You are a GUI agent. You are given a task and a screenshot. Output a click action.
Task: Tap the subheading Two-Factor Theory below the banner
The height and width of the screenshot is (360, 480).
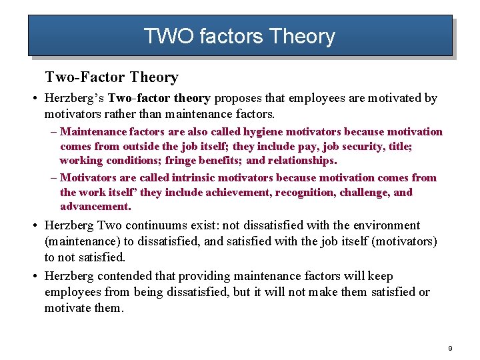coord(111,77)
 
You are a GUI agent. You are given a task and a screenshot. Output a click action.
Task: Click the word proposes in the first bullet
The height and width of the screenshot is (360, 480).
coord(237,99)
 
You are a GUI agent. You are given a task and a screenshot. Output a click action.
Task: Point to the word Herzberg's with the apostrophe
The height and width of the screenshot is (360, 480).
coord(74,99)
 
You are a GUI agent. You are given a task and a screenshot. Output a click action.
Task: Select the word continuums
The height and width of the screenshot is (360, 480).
coord(157,225)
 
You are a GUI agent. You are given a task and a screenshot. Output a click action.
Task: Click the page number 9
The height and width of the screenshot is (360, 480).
coord(451,349)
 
